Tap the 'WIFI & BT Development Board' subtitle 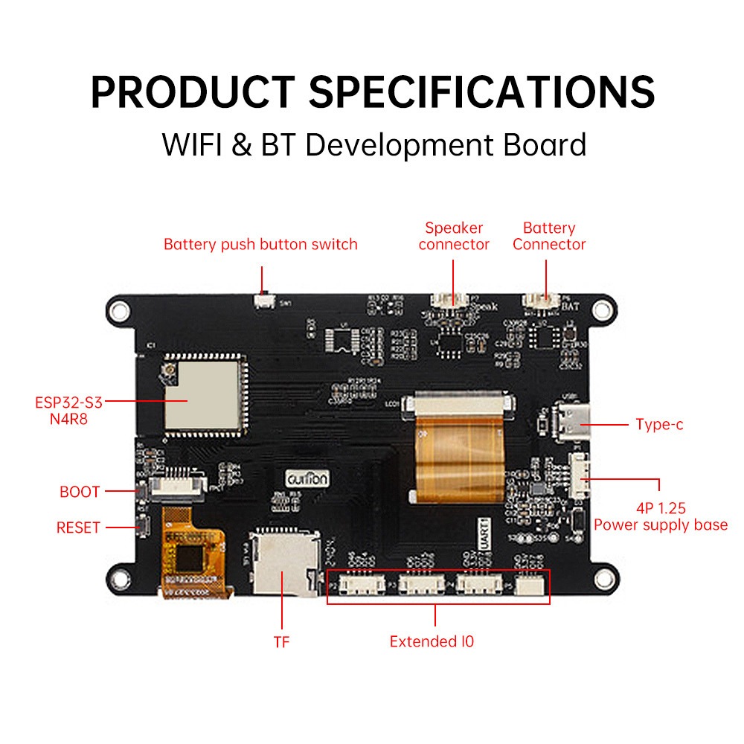point(373,144)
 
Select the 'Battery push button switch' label point(260,244)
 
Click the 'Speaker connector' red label point(454,236)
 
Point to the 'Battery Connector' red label point(549,236)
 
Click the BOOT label point(80,492)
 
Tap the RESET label point(78,527)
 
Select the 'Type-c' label point(659,425)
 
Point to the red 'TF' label point(281,642)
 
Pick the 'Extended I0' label point(432,641)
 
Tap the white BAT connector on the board point(541,301)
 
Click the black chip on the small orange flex point(187,555)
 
